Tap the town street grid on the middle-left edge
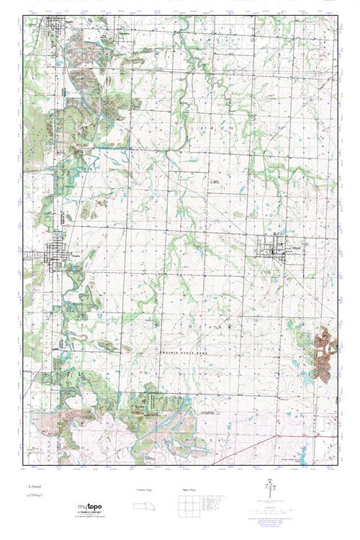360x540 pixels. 55,256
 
